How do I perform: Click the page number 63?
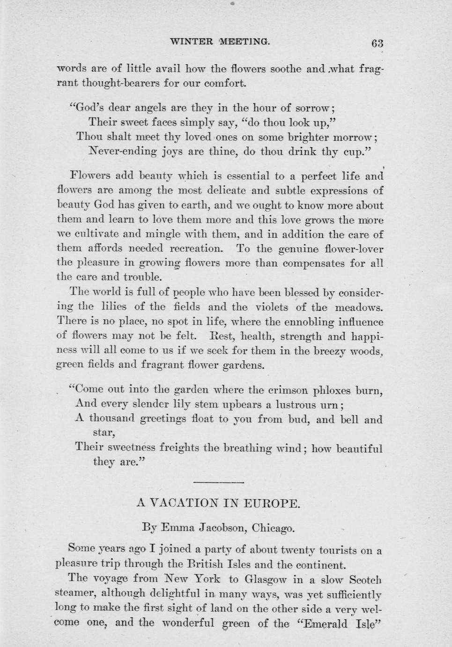(x=377, y=43)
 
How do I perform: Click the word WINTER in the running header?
(x=191, y=41)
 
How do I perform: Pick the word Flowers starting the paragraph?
(x=89, y=176)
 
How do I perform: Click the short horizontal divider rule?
(x=218, y=482)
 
